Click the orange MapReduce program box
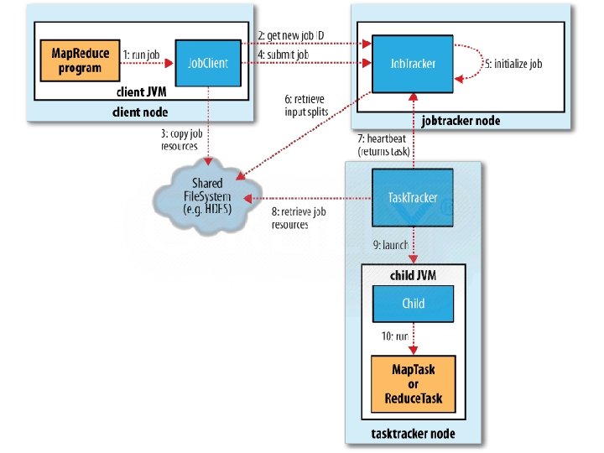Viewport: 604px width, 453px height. click(x=81, y=60)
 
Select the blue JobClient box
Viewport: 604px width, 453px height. click(x=208, y=63)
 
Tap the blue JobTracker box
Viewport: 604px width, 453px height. click(x=413, y=64)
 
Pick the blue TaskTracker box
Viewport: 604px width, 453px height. click(x=413, y=198)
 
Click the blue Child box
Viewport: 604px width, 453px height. click(x=413, y=304)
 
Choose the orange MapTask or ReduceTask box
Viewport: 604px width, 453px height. click(x=414, y=384)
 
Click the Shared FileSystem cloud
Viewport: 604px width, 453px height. click(x=208, y=196)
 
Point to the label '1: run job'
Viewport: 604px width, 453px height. click(x=142, y=55)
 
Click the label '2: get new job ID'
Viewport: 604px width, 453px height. click(x=291, y=35)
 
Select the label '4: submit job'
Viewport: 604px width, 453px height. click(x=284, y=55)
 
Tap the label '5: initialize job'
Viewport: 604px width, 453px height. click(x=513, y=64)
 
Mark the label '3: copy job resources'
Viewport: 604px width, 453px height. click(x=181, y=140)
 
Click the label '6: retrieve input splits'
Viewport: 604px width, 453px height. click(x=307, y=106)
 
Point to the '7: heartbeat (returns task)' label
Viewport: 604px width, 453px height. click(x=383, y=145)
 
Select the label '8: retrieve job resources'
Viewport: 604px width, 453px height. click(x=299, y=218)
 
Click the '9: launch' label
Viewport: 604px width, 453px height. click(x=391, y=245)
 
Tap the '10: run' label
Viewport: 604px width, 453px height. click(x=395, y=336)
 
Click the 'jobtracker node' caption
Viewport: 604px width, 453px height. click(x=461, y=121)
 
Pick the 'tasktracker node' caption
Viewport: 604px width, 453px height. click(x=413, y=434)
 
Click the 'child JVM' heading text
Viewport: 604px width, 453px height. click(x=413, y=275)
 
